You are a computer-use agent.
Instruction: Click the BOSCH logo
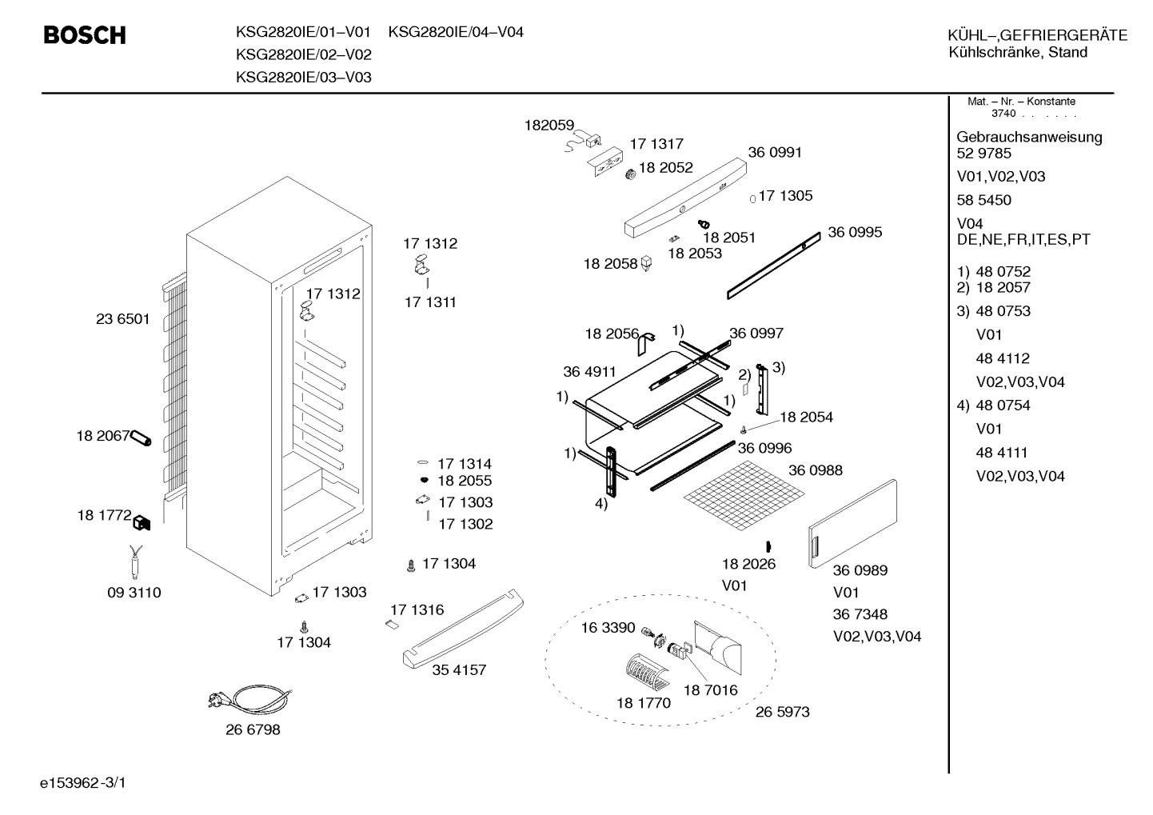[85, 35]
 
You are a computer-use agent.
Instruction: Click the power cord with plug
[249, 700]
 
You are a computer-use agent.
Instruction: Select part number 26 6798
[253, 729]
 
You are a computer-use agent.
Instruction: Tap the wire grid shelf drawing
[744, 495]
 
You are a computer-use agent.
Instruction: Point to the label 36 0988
[816, 470]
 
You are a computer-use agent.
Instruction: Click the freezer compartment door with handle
[852, 524]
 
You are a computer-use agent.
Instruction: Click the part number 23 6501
[122, 319]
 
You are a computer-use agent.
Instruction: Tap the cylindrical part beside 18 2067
[141, 438]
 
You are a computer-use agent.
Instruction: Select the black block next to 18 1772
[142, 524]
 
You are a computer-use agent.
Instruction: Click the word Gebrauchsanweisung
[1030, 138]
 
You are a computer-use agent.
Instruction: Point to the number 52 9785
[983, 154]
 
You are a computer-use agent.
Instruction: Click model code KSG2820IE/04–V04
[456, 32]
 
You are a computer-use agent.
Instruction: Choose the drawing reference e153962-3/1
[83, 782]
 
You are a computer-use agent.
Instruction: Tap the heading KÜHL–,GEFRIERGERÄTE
[1038, 35]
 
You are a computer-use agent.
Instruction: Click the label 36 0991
[775, 153]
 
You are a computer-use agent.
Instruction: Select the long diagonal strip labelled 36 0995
[774, 266]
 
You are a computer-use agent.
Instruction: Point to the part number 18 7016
[710, 690]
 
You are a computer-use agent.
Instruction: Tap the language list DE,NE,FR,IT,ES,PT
[1023, 240]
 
